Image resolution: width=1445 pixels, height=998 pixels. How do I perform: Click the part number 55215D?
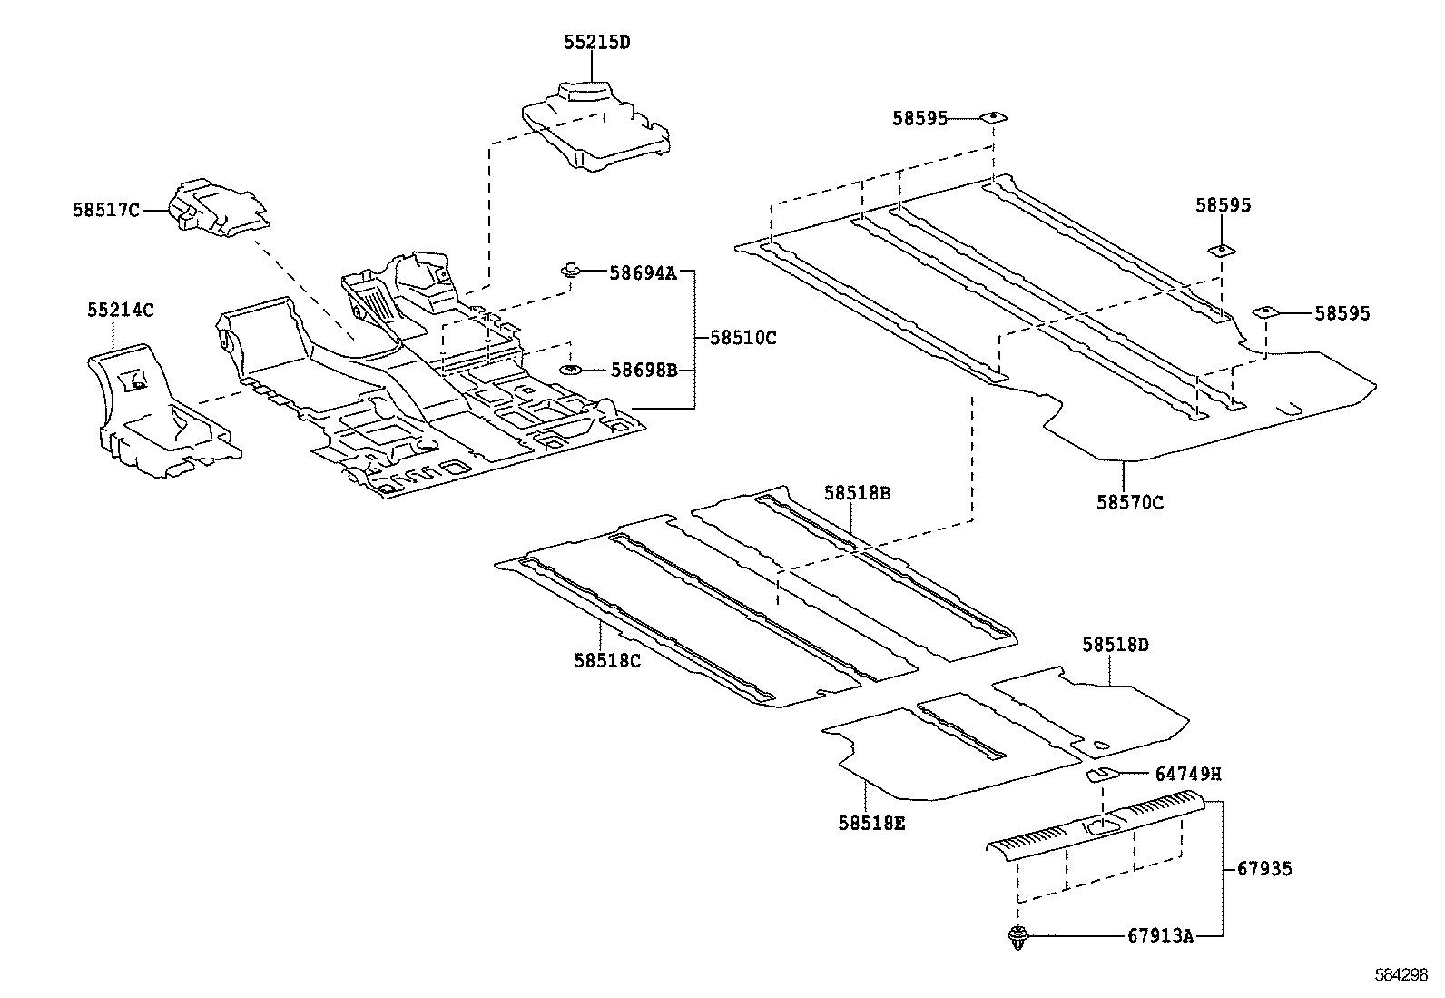[x=595, y=43]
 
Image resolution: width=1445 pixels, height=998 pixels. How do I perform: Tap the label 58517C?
[x=105, y=211]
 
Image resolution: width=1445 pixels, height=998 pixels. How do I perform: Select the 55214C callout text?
[x=120, y=311]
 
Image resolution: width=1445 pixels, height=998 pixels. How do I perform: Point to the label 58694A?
[x=643, y=272]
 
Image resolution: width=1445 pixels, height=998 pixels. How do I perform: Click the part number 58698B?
[x=644, y=370]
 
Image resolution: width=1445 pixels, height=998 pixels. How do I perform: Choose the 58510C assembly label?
[x=742, y=338]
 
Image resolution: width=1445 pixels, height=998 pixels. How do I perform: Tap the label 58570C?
[x=1129, y=502]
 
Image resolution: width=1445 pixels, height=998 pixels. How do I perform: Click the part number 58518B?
[x=857, y=493]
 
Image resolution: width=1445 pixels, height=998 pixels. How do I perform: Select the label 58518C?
[x=606, y=660]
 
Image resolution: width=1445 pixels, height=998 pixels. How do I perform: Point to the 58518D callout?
[x=1115, y=645]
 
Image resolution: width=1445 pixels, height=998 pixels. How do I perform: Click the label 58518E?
[x=871, y=823]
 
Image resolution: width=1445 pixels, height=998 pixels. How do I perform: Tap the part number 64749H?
[x=1187, y=775]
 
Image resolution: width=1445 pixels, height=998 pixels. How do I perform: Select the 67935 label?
[x=1264, y=869]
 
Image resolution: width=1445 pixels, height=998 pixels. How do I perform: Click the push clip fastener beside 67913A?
[x=1017, y=937]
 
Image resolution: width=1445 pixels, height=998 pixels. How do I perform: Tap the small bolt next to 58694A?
[x=571, y=269]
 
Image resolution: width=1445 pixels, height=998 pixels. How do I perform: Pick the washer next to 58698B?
[x=571, y=370]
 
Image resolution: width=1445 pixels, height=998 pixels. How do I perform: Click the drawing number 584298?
[x=1401, y=973]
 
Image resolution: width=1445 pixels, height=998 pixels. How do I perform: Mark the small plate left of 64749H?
[x=1103, y=774]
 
